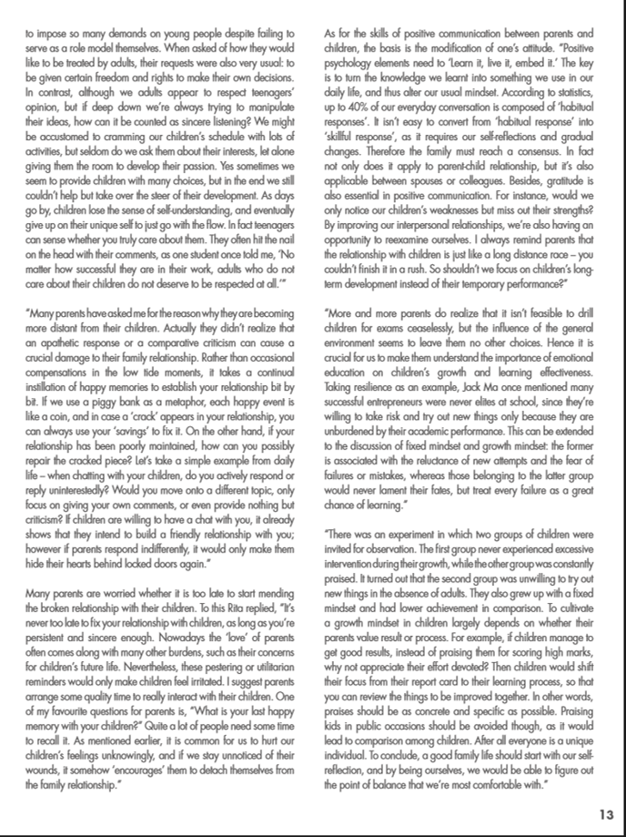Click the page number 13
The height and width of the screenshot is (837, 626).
tap(607, 814)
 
